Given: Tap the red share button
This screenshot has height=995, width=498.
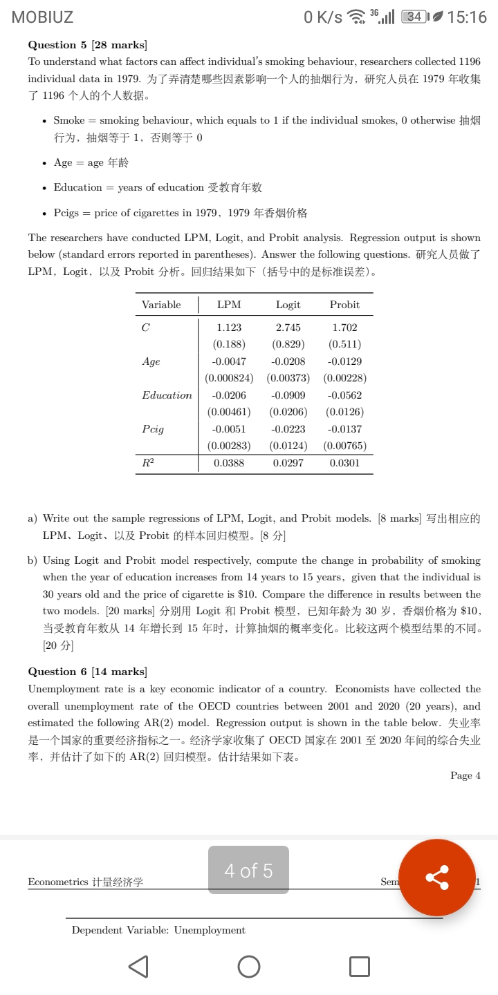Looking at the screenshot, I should (x=436, y=878).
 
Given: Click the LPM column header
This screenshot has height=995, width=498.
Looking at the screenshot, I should (x=229, y=305).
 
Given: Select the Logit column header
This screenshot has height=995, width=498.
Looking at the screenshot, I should (x=288, y=305).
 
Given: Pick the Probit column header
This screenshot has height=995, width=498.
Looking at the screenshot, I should (x=344, y=305).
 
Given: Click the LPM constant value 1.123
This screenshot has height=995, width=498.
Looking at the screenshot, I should (x=229, y=328).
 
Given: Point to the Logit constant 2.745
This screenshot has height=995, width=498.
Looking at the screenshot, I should (x=288, y=328).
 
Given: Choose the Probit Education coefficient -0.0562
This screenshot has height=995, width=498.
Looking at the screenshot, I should (x=344, y=395).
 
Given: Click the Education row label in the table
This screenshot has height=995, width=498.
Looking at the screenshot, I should (x=167, y=395).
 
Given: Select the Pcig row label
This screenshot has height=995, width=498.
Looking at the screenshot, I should (x=153, y=429).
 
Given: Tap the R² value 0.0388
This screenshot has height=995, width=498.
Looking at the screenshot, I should (x=229, y=463).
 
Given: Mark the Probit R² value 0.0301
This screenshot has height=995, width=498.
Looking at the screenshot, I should (x=344, y=463).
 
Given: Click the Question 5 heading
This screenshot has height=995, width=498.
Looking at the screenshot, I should (x=87, y=45).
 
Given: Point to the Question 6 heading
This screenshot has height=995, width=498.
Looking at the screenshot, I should (x=87, y=672).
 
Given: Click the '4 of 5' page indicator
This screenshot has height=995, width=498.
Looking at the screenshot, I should (x=248, y=871).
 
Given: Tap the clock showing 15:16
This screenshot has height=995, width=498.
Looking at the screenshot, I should (x=468, y=17).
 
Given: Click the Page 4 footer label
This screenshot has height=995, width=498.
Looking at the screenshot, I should (x=465, y=775).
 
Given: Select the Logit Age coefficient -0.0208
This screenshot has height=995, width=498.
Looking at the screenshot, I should (x=288, y=361).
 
